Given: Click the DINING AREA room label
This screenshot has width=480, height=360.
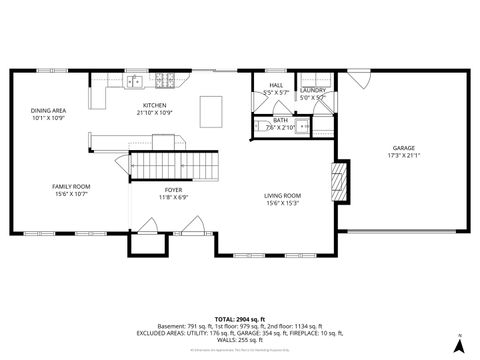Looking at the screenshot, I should [x=47, y=111].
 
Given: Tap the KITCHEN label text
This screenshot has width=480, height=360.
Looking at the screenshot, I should [x=154, y=105].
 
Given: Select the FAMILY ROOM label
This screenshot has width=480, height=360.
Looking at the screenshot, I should [x=71, y=186].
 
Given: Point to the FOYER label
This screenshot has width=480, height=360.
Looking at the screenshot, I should [x=173, y=190].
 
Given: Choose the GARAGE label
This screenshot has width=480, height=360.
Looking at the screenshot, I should [x=403, y=148].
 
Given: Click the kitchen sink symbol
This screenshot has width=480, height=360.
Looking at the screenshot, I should [x=136, y=81].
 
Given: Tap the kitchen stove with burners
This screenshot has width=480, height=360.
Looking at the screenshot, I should [x=166, y=81].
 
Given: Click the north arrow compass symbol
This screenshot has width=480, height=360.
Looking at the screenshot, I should [x=458, y=345].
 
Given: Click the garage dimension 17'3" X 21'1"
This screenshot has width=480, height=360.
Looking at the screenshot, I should [x=403, y=155].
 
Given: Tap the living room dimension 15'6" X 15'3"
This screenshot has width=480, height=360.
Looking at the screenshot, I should [x=283, y=203].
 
